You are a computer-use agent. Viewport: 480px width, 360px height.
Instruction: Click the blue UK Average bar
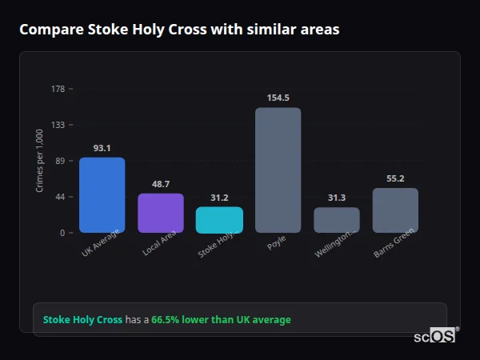(102, 195)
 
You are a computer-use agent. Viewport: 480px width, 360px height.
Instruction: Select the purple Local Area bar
(161, 213)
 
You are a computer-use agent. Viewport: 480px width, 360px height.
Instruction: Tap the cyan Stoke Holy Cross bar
(219, 220)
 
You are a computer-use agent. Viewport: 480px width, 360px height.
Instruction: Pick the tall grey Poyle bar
(278, 170)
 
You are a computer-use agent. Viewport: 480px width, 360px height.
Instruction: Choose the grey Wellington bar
(337, 220)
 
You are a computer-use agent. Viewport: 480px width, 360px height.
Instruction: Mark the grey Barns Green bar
(395, 210)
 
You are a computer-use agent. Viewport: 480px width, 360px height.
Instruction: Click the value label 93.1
(102, 148)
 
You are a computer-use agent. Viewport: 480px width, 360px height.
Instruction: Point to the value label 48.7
(161, 184)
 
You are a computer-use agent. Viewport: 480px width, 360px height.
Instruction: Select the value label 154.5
(278, 98)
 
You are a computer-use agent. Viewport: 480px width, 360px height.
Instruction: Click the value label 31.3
(337, 198)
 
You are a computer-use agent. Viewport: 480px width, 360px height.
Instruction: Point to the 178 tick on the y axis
(58, 89)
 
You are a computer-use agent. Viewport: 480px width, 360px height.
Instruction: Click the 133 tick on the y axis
(58, 125)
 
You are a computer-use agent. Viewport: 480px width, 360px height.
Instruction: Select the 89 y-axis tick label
(60, 161)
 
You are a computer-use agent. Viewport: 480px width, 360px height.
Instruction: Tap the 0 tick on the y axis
(62, 233)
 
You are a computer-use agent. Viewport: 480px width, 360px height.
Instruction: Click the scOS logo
(435, 336)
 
